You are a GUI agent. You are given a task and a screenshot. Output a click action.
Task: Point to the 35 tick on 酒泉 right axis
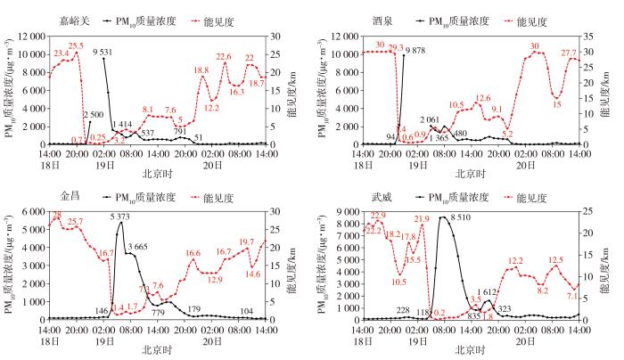tap(592, 37)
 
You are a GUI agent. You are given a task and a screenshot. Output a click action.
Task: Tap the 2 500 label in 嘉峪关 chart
tap(94, 115)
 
